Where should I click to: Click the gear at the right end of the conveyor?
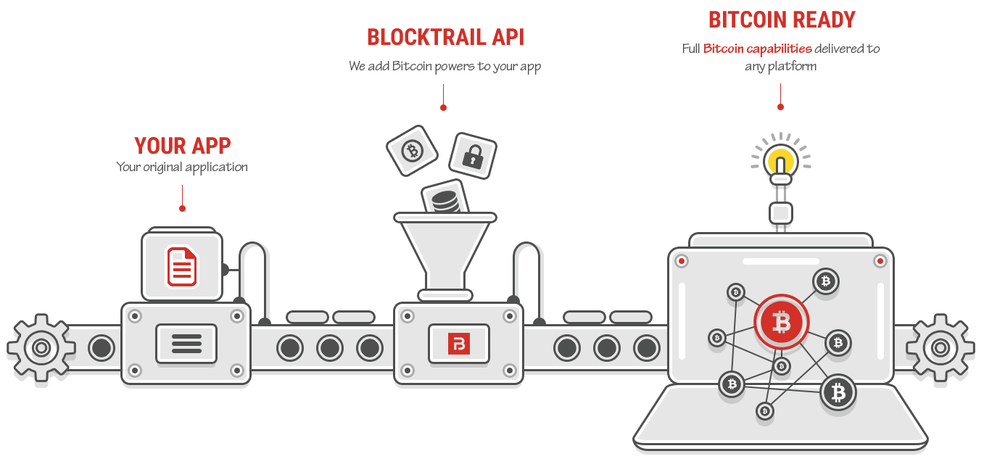(x=940, y=348)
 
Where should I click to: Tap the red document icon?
(x=182, y=266)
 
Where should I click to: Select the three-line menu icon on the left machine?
(x=186, y=343)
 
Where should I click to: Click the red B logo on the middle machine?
(x=458, y=343)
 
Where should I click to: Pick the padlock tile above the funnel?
(x=472, y=154)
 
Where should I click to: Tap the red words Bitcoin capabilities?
(x=757, y=49)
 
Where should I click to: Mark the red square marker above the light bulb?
(x=780, y=106)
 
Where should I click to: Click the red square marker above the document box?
(x=181, y=208)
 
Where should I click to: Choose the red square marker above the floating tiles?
(x=442, y=107)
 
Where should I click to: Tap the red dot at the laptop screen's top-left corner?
(x=681, y=260)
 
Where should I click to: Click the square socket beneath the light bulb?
(x=781, y=212)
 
